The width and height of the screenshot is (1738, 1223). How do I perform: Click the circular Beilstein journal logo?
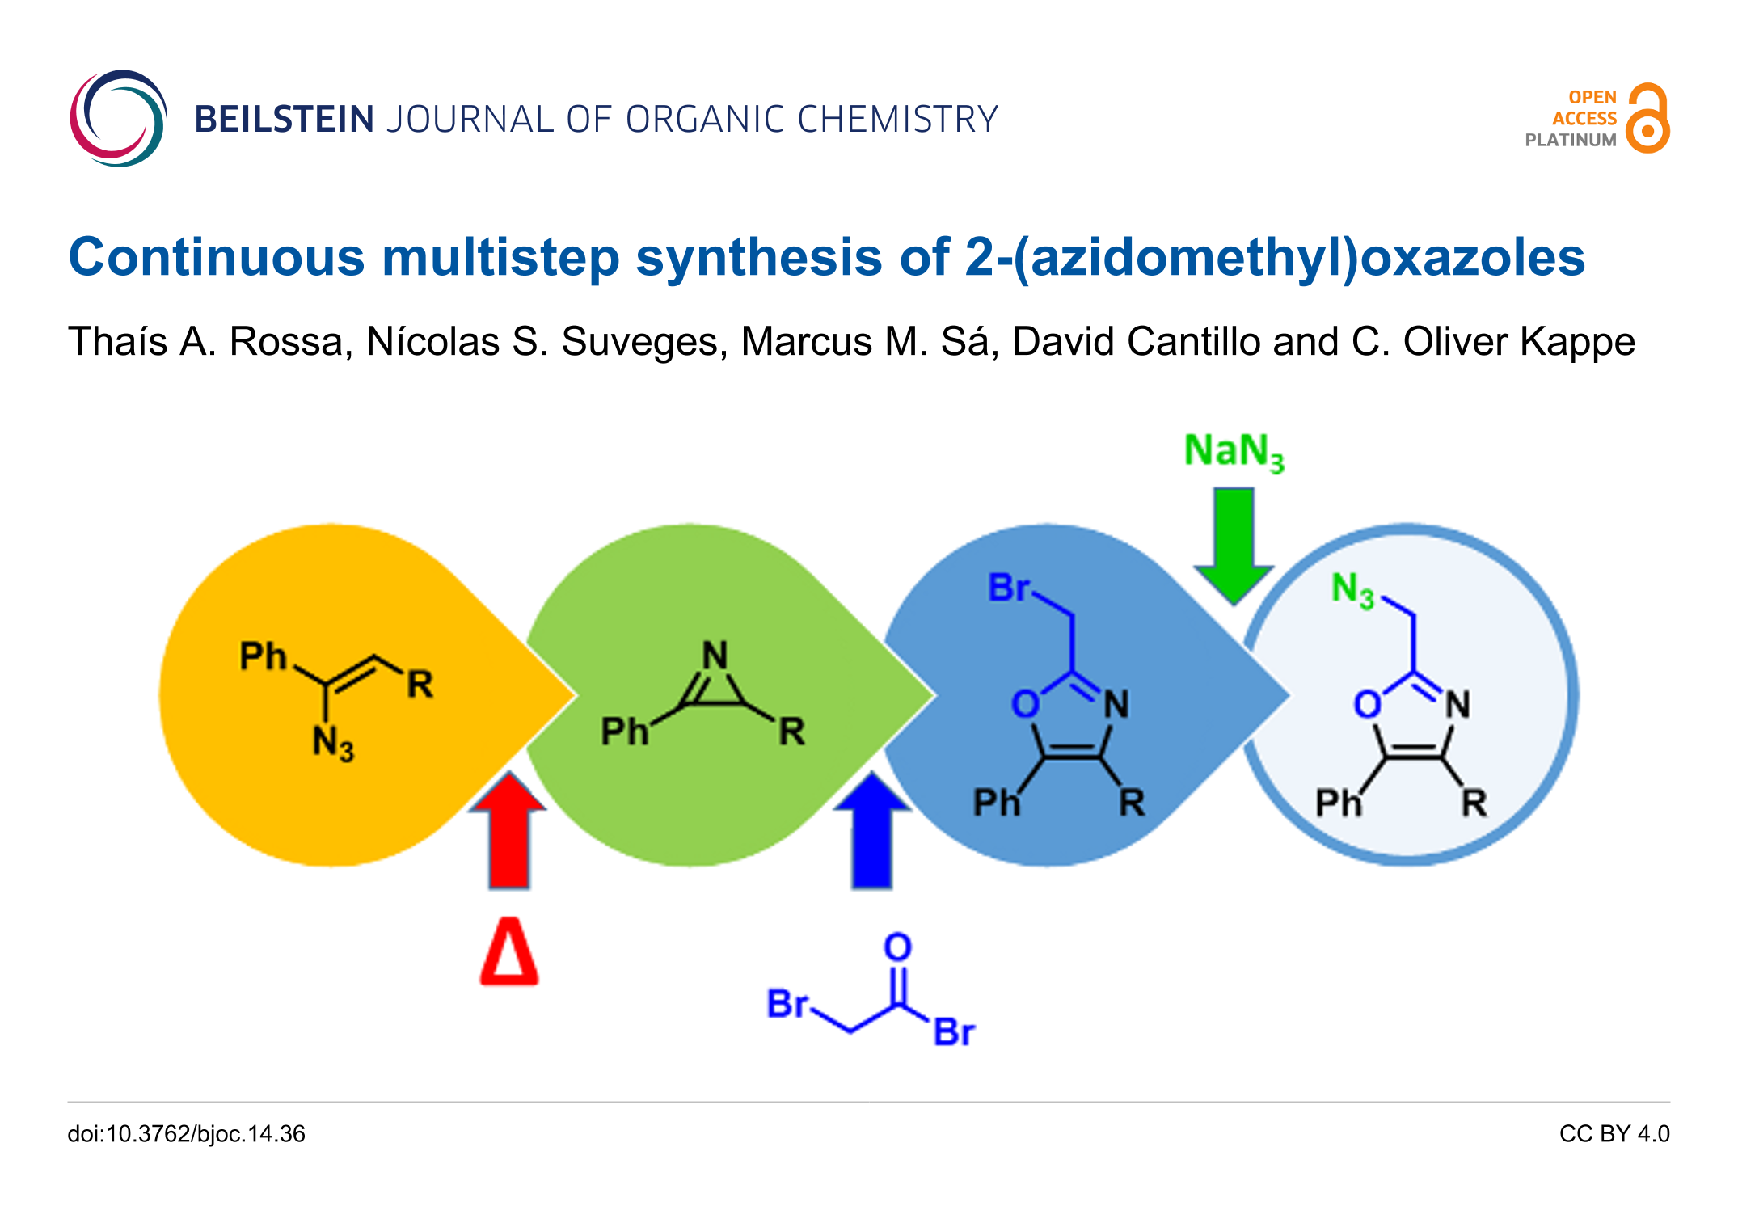pos(118,118)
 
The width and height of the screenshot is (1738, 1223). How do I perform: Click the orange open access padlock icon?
pos(1647,119)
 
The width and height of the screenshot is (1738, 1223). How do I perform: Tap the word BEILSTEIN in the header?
pos(284,120)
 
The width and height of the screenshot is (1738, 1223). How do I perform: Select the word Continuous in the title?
pos(217,258)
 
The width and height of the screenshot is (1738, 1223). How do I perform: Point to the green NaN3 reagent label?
pos(1233,451)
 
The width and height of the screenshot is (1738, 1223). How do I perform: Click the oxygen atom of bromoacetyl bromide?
pos(897,947)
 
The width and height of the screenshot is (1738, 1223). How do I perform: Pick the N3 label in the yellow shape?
pos(333,743)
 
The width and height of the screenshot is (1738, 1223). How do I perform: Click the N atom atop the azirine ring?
pos(715,655)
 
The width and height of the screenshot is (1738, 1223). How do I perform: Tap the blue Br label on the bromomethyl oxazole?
pos(1008,588)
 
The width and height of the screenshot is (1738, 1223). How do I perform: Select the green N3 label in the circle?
pos(1352,589)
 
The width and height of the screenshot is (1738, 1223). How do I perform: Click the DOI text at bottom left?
pos(186,1134)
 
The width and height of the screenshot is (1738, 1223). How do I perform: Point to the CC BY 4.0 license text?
pos(1614,1134)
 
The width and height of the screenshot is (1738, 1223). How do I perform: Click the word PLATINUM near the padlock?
pos(1570,140)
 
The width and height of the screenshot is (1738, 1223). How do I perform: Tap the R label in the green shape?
pos(791,732)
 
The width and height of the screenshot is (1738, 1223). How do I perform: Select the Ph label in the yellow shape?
pos(263,656)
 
